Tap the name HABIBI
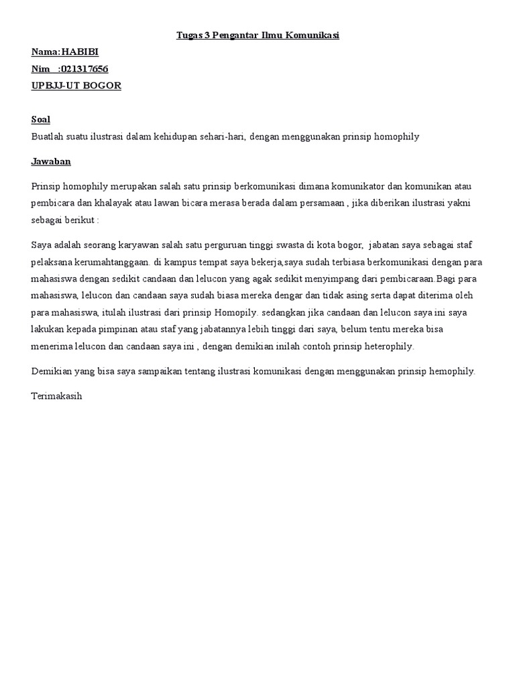pos(80,52)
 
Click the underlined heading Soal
pos(41,120)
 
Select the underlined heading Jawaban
pos(51,161)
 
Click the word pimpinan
pos(124,329)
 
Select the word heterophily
pos(387,346)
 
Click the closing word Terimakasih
pos(56,396)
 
